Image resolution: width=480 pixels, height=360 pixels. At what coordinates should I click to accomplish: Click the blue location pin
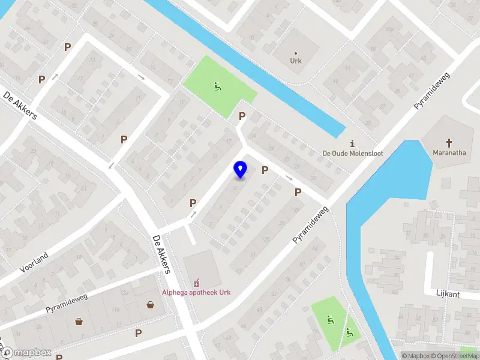(241, 169)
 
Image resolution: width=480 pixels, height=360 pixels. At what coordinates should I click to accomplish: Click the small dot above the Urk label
(296, 53)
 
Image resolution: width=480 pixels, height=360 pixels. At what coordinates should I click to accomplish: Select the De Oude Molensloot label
(352, 154)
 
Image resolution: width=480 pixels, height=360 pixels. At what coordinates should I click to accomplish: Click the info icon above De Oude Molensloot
(352, 143)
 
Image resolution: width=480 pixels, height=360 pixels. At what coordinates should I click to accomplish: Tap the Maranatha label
(449, 152)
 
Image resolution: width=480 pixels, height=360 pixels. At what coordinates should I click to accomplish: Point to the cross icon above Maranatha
(449, 142)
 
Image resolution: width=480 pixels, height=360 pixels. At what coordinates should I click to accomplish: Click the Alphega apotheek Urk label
(196, 293)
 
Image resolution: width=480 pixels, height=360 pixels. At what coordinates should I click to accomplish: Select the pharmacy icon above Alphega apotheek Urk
(196, 283)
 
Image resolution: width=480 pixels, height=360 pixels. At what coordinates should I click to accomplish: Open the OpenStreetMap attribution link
(458, 356)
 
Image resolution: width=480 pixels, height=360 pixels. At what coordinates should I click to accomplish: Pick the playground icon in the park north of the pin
(217, 86)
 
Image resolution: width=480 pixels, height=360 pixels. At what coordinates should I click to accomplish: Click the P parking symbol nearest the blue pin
(265, 170)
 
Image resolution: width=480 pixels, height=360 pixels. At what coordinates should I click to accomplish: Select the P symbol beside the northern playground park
(242, 116)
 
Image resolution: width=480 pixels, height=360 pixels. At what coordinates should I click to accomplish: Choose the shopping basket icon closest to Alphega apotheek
(150, 305)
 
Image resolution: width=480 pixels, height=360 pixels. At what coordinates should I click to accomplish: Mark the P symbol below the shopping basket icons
(138, 333)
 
